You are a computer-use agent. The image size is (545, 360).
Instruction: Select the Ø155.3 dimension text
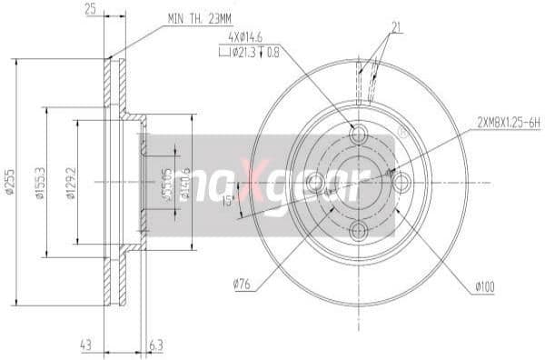(41, 183)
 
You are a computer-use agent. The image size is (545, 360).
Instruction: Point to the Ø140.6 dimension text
(187, 183)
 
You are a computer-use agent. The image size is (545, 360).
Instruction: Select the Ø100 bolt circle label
(483, 288)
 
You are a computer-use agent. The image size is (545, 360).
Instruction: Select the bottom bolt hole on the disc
(358, 230)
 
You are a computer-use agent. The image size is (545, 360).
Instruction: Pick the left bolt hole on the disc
(315, 183)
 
